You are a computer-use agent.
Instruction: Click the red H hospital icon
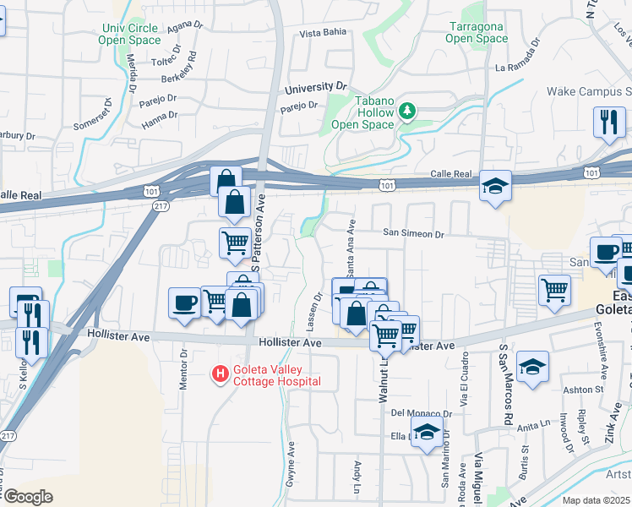coord(220,373)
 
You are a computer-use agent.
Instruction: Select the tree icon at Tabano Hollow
coord(408,112)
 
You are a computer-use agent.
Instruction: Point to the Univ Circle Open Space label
coord(128,34)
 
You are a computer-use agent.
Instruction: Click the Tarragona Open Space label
coord(476,32)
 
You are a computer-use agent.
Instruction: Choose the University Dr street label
coord(316,87)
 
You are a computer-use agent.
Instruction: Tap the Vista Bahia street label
coord(324,34)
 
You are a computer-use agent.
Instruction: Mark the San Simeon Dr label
coord(413,233)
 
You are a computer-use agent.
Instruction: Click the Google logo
coord(28,497)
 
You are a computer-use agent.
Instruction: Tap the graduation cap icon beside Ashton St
coord(531,366)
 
